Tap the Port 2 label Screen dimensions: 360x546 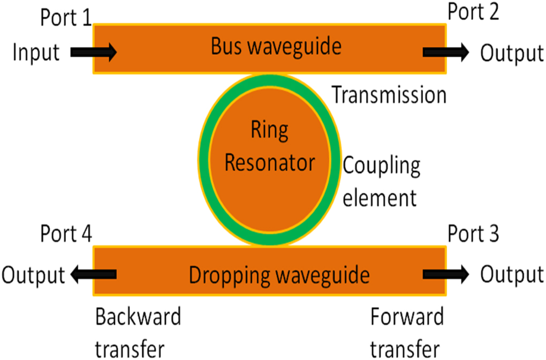pyautogui.click(x=473, y=12)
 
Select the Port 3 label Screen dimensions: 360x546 pyautogui.click(x=473, y=234)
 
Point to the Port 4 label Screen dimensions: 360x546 pyautogui.click(x=66, y=234)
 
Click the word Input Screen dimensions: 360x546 pyautogui.click(x=36, y=52)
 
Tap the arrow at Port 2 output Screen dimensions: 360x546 pyautogui.click(x=445, y=52)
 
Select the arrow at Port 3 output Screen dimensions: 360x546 pyautogui.click(x=445, y=275)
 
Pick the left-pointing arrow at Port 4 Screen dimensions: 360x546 pyautogui.click(x=94, y=275)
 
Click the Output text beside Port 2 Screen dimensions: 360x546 pyautogui.click(x=511, y=53)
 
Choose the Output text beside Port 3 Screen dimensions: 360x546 pyautogui.click(x=511, y=275)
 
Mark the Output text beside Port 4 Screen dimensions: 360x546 pyautogui.click(x=33, y=275)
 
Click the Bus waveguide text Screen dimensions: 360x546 pyautogui.click(x=276, y=47)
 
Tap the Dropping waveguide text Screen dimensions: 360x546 pyautogui.click(x=279, y=276)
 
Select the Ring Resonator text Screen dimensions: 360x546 pyautogui.click(x=269, y=146)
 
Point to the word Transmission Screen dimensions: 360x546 pyautogui.click(x=389, y=95)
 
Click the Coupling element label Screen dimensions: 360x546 pyautogui.click(x=381, y=182)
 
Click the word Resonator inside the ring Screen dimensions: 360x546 pyautogui.click(x=269, y=162)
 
